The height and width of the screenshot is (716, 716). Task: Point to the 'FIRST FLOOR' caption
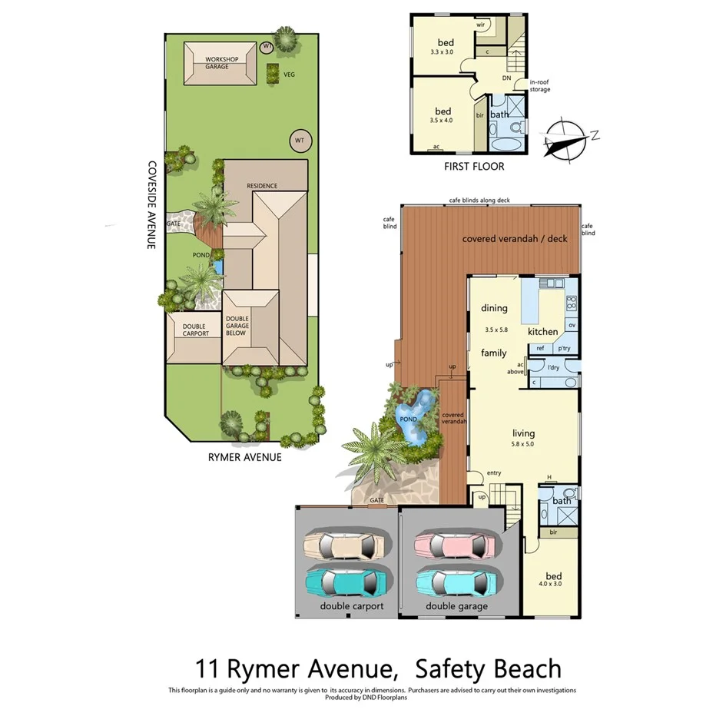click(474, 167)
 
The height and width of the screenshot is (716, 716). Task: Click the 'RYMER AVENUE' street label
click(244, 457)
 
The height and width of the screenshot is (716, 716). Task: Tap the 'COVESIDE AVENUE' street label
click(152, 204)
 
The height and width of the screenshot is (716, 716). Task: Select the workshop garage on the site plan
click(220, 64)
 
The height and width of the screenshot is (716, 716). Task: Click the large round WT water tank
click(300, 141)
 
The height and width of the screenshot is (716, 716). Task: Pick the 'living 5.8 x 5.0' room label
click(524, 438)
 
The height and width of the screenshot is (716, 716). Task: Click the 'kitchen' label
click(542, 331)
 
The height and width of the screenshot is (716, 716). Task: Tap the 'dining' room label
click(494, 308)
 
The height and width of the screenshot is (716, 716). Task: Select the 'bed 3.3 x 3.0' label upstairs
click(445, 47)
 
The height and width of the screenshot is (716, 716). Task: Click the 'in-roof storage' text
click(539, 86)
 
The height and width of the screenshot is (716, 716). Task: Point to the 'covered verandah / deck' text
click(514, 238)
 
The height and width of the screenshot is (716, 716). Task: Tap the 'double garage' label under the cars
click(456, 606)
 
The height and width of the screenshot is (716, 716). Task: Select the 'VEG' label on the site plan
click(289, 75)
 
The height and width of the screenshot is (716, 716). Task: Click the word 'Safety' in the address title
click(443, 668)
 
